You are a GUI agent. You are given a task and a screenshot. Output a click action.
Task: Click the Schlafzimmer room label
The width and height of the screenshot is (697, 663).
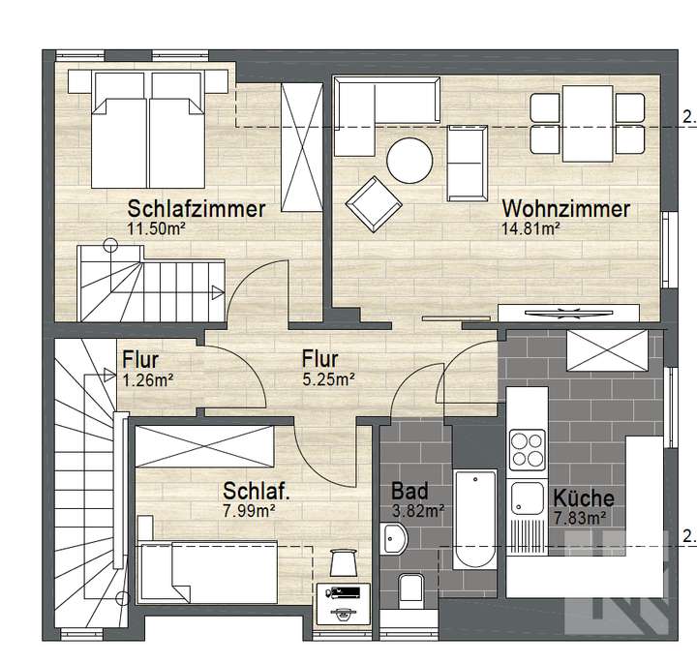click(197, 208)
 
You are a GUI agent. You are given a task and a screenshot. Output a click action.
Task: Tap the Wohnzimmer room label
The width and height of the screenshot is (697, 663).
click(566, 208)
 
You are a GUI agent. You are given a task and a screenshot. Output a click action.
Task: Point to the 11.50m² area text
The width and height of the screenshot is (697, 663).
click(157, 228)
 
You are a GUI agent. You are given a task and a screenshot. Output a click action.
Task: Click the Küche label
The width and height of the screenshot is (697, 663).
click(583, 498)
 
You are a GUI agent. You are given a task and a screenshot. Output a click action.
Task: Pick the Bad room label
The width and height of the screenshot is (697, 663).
click(409, 491)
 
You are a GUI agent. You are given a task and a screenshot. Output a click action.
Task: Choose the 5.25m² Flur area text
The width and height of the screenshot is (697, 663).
click(325, 378)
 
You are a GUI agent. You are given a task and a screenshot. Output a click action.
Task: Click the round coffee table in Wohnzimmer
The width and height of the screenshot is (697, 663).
click(410, 160)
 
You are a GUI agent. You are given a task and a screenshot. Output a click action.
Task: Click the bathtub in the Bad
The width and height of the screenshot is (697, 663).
click(476, 520)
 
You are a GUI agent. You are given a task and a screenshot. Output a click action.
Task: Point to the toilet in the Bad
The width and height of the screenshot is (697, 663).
click(409, 587)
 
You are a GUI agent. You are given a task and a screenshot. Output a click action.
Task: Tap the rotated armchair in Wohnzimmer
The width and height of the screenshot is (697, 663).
click(374, 204)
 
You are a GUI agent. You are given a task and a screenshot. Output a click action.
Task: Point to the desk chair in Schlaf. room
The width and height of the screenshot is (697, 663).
click(344, 562)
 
